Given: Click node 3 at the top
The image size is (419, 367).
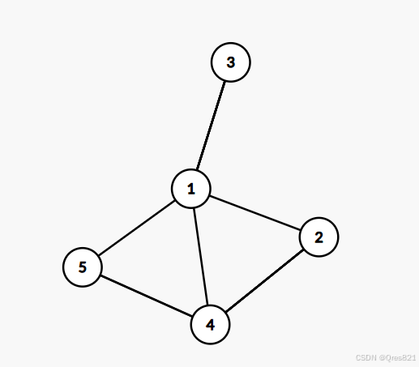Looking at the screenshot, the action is pos(230,62).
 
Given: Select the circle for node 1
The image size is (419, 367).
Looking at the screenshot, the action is pos(191,189).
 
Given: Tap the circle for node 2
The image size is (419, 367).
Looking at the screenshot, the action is pos(319,237).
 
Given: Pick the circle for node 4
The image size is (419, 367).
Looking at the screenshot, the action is pos(210,324).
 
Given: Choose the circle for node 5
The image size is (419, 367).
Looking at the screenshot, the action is pos(83,267).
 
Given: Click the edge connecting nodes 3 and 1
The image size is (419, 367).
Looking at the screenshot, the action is pos(211,126).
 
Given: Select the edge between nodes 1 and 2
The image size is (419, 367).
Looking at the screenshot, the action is pos(255,213).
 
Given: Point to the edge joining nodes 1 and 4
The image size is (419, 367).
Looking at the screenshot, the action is pos(200,257).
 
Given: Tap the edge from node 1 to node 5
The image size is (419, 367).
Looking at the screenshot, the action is pos(137,228).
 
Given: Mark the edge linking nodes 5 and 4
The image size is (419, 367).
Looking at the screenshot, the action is pos(147,296).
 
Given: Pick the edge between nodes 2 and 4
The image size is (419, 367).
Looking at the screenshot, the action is pos(264,281).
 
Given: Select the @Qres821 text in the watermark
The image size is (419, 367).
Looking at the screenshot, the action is pos(397,358).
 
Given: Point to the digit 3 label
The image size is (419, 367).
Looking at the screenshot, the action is pos(231,62).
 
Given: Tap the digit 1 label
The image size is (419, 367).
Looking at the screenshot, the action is pos(191,189).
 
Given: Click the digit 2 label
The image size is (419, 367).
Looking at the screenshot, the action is pos(319,237).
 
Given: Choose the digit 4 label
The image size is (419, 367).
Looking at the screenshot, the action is pos(210,325).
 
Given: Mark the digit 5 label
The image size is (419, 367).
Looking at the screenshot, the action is pos(83,267).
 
